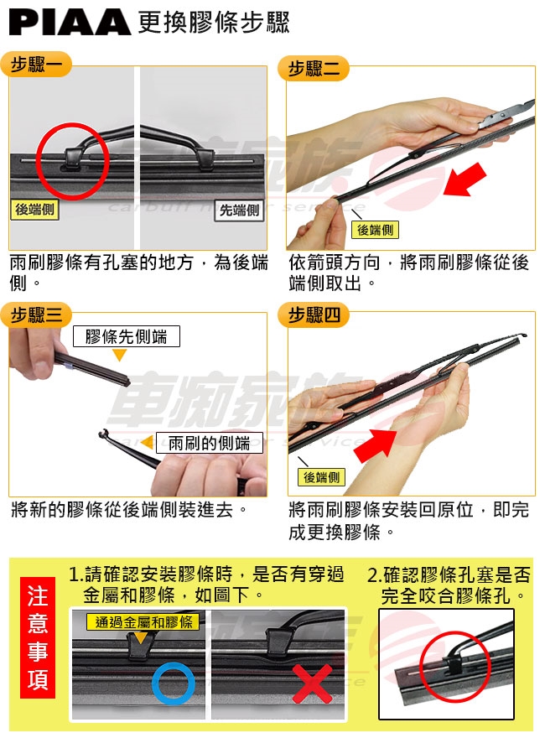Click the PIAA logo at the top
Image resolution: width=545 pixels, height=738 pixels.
click(x=70, y=23)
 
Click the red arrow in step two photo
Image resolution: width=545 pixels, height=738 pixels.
click(x=465, y=180)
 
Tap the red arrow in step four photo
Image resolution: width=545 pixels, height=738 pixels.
click(x=376, y=444)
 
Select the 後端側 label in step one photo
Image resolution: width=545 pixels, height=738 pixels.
click(x=35, y=210)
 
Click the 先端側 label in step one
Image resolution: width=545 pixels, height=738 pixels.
click(x=240, y=210)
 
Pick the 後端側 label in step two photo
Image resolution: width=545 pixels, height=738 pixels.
click(x=375, y=230)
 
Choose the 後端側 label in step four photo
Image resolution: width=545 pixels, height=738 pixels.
click(x=322, y=477)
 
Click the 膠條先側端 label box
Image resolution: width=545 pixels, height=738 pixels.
click(x=126, y=336)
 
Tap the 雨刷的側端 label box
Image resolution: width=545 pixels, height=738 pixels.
click(x=209, y=443)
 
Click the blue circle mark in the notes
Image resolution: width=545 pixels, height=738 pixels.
click(x=174, y=683)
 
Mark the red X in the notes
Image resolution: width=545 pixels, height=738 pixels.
click(x=313, y=683)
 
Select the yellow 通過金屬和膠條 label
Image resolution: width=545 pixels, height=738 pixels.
click(x=143, y=622)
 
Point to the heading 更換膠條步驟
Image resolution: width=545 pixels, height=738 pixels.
click(x=214, y=23)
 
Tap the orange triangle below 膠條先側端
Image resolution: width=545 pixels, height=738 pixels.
click(x=120, y=354)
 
